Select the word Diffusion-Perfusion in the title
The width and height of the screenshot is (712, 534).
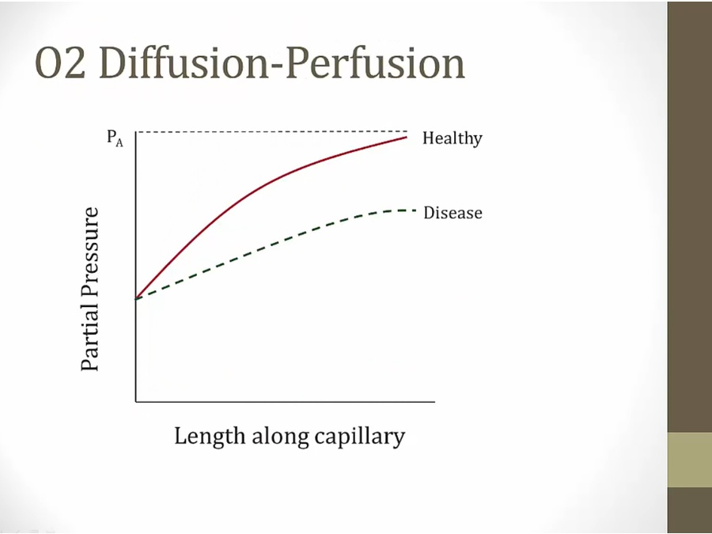pyautogui.click(x=282, y=63)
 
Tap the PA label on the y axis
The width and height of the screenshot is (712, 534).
pyautogui.click(x=115, y=138)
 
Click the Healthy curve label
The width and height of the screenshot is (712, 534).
pyautogui.click(x=453, y=138)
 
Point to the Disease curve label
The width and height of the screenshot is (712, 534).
pyautogui.click(x=453, y=213)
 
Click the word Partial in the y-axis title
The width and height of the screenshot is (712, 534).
pyautogui.click(x=89, y=336)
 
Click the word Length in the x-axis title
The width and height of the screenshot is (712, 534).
pyautogui.click(x=210, y=437)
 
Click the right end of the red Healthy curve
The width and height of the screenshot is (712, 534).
pyautogui.click(x=407, y=137)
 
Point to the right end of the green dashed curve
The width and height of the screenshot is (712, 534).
pyautogui.click(x=415, y=210)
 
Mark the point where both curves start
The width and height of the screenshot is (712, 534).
pyautogui.click(x=136, y=298)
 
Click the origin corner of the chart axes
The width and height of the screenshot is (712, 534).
pyautogui.click(x=136, y=401)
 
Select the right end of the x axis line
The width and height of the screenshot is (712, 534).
pyautogui.click(x=434, y=401)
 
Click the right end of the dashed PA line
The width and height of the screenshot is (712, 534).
pyautogui.click(x=407, y=131)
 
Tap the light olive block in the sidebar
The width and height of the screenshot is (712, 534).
pyautogui.click(x=690, y=460)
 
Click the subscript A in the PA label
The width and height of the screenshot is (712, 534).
pyautogui.click(x=119, y=143)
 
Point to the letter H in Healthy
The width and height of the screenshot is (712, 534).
pyautogui.click(x=428, y=138)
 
